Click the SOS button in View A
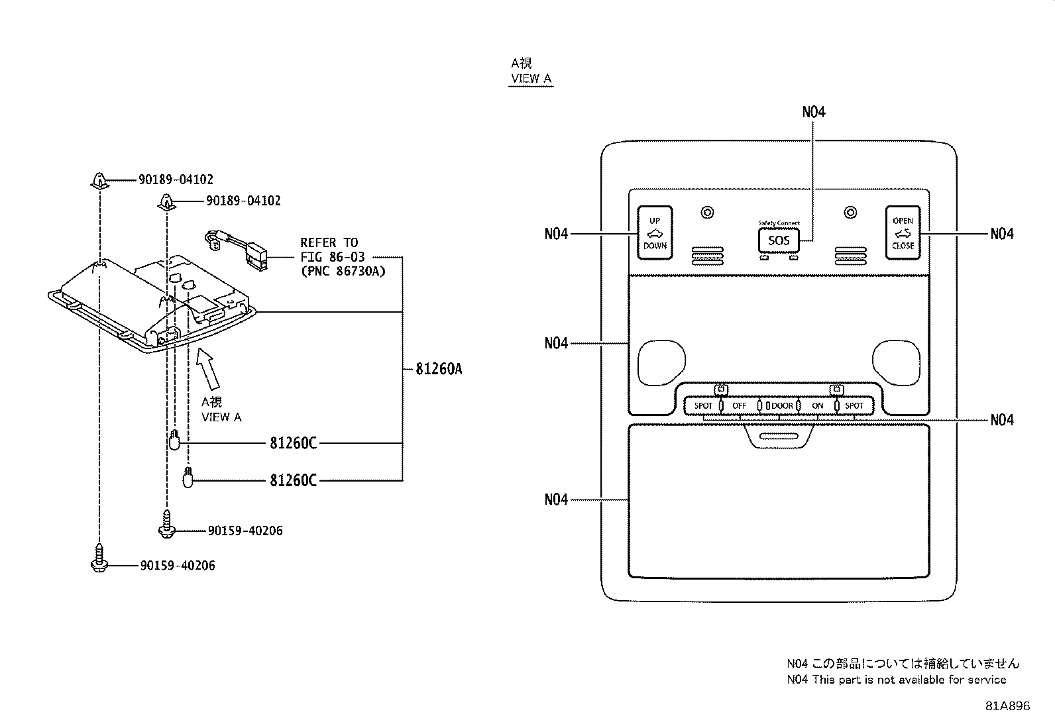779,240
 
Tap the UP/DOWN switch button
655,233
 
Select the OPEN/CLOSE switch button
903,233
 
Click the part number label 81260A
439,369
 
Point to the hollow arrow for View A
207,368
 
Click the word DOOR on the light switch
782,406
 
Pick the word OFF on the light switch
739,406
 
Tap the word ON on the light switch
818,406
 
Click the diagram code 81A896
1007,706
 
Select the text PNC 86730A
343,271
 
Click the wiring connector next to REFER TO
235,250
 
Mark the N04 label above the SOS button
813,112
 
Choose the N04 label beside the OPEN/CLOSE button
1002,234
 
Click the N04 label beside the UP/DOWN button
556,234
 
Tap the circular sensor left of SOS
707,213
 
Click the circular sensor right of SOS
850,213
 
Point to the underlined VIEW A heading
531,79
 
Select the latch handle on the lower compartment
779,437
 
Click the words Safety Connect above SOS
779,223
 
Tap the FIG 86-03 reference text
333,257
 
